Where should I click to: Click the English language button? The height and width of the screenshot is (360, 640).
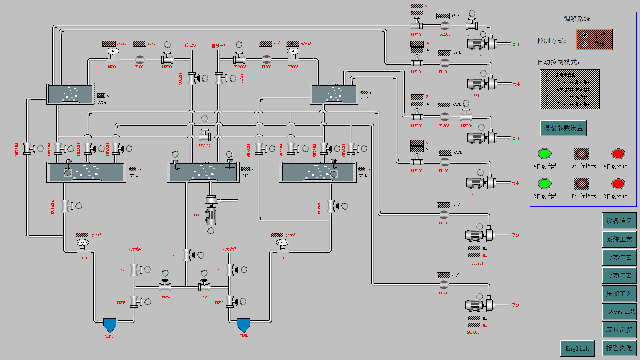577,348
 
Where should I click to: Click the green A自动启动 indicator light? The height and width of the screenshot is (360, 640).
545,154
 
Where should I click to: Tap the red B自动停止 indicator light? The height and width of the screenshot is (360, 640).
618,184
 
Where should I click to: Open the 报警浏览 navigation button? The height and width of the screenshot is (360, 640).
619,348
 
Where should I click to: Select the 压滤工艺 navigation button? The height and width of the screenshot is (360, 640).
619,294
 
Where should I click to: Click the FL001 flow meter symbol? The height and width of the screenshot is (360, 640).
140,60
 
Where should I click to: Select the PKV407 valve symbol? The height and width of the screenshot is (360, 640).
204,136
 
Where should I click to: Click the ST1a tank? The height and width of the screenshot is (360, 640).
70,94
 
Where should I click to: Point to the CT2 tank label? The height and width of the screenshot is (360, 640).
245,176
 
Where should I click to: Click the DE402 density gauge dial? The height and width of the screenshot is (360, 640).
283,243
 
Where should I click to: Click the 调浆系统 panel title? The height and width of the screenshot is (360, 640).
577,19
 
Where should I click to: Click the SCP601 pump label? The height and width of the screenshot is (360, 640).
473,332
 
